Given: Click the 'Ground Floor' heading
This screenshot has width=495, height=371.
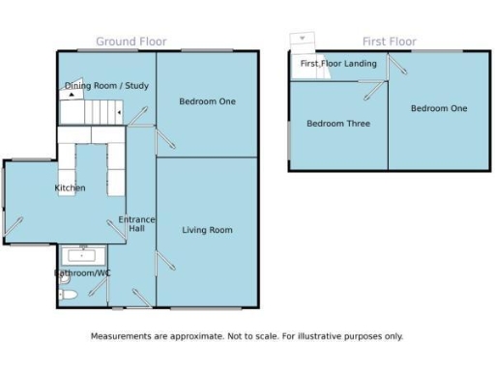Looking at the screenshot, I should pos(131,42).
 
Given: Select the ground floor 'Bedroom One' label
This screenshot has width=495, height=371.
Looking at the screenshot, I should pos(207,101).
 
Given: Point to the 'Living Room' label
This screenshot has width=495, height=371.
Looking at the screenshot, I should pos(207,230).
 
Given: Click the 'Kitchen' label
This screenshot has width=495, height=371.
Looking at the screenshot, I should pos(70,187).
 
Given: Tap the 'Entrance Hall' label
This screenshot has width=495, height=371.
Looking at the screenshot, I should pos(136,224).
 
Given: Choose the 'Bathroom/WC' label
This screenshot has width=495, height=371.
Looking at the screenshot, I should pos(82,273).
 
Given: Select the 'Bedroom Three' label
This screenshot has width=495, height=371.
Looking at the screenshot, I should pos(337,124).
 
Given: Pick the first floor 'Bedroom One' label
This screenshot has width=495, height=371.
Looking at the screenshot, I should pos(438,108).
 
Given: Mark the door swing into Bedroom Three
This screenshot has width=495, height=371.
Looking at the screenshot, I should pos(371,88).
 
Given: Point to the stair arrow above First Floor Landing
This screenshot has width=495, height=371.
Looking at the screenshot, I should pos(302,40).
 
